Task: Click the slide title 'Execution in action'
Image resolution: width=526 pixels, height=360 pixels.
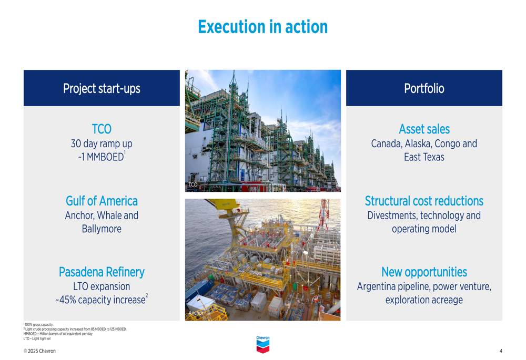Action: click(x=262, y=27)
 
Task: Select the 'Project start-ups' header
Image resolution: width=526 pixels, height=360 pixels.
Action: click(x=102, y=88)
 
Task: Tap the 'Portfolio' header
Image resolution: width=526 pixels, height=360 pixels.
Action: click(x=424, y=88)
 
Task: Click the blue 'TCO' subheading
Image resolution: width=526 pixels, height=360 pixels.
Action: click(x=102, y=129)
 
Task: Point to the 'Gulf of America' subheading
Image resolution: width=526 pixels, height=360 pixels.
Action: click(x=102, y=201)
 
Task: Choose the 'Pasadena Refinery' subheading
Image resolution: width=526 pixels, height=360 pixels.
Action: click(x=102, y=272)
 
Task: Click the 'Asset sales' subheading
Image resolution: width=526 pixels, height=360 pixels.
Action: click(x=424, y=129)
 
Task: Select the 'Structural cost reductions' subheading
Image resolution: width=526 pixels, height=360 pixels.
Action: click(x=424, y=201)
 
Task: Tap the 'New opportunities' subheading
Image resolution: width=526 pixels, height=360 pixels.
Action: click(x=424, y=272)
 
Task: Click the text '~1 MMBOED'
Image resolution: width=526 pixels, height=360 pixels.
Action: click(x=101, y=157)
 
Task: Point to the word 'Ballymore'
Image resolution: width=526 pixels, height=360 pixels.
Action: click(x=102, y=229)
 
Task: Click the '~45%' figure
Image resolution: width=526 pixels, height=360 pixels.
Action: click(x=66, y=300)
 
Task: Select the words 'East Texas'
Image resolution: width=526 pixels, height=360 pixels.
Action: click(x=424, y=157)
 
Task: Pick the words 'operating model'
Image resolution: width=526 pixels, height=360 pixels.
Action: click(x=424, y=229)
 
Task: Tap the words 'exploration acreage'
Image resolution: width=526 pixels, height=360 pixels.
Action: click(x=424, y=300)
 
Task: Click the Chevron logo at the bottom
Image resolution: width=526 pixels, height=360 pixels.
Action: click(x=263, y=345)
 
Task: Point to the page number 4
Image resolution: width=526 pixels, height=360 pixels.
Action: click(x=501, y=351)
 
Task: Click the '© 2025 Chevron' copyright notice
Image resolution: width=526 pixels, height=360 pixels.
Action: click(x=39, y=351)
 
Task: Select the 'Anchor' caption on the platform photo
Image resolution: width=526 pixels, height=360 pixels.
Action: click(x=196, y=313)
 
